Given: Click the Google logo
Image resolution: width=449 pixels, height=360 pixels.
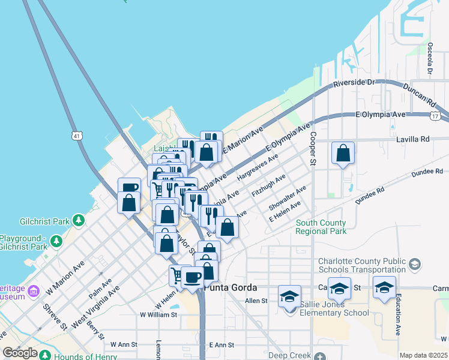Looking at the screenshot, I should coord(20,353).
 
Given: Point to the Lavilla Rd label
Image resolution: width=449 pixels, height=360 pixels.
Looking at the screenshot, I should coord(414,139).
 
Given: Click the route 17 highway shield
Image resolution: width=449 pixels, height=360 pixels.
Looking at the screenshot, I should coord(435,115).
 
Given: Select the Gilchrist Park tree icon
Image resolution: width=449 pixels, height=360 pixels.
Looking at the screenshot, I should coord(77,221).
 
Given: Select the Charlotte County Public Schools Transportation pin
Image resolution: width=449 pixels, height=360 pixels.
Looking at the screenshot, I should coord(414,265).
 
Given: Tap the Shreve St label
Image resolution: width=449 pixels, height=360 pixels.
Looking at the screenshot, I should coord(54,316).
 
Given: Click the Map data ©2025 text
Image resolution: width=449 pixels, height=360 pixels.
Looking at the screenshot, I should coord(424,355).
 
